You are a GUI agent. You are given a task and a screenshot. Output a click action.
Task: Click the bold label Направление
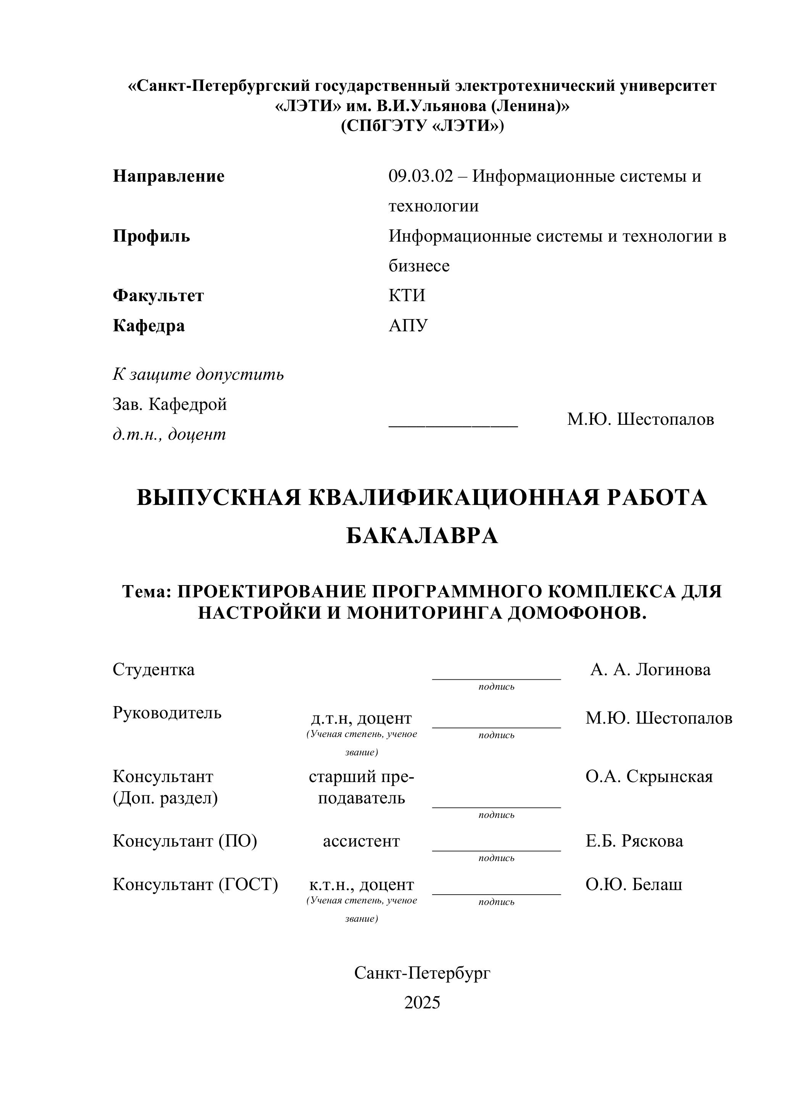click(x=169, y=176)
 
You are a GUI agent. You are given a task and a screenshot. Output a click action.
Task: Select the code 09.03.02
click(x=421, y=176)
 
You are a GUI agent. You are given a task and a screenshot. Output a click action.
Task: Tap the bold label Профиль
click(x=151, y=236)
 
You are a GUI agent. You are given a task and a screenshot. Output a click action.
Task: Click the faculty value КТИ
click(x=407, y=295)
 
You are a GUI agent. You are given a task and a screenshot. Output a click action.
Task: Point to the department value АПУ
click(x=408, y=325)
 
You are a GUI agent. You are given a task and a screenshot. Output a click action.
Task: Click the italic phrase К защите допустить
click(x=198, y=374)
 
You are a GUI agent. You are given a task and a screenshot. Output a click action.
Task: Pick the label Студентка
click(x=153, y=669)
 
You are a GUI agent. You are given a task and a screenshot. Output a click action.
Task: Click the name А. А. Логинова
click(x=650, y=669)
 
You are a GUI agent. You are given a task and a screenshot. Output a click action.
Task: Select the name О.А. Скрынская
click(x=649, y=776)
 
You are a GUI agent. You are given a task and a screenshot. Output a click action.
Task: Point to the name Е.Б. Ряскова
click(x=634, y=841)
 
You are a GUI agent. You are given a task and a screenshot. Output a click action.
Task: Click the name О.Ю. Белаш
click(x=634, y=884)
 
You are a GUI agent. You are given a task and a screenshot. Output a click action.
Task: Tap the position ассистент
click(x=361, y=841)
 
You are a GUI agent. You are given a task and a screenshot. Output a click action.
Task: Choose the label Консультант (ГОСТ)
click(x=195, y=884)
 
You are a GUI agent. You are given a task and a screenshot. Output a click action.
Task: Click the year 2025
click(x=422, y=1002)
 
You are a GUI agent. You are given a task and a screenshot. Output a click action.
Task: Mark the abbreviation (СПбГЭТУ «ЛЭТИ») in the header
click(x=422, y=126)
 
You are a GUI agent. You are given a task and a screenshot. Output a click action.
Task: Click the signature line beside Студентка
click(x=496, y=679)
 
